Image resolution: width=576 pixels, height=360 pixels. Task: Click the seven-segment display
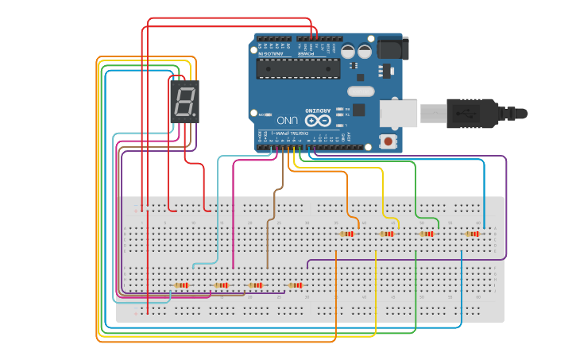click(x=184, y=102)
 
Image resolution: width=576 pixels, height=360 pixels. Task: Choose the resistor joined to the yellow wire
click(x=387, y=234)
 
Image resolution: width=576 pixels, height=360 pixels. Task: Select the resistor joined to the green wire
click(x=427, y=234)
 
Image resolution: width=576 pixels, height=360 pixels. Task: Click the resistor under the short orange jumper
click(x=346, y=234)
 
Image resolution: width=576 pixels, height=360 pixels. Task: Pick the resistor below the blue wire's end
click(x=474, y=234)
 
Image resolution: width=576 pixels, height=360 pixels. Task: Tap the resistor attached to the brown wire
click(x=255, y=285)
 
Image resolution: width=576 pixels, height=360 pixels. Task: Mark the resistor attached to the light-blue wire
click(x=182, y=285)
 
